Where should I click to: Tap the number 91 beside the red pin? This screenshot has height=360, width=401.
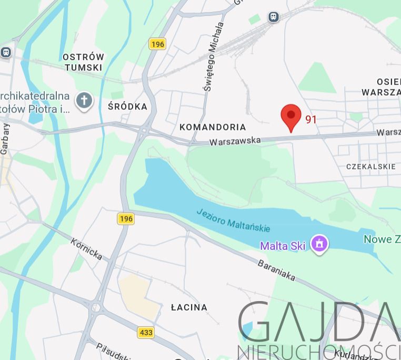click(x=311, y=119)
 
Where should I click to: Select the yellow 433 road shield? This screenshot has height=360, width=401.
click(x=146, y=333)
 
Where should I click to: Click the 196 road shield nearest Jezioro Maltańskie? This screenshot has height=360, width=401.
click(x=126, y=218)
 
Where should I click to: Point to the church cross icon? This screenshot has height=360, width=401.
click(x=84, y=100)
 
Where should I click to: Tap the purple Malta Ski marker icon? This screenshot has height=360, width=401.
click(x=319, y=244)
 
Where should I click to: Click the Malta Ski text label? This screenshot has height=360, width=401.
click(x=283, y=246)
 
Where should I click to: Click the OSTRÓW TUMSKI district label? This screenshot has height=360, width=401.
click(x=83, y=62)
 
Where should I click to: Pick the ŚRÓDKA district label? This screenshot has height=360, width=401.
click(x=127, y=106)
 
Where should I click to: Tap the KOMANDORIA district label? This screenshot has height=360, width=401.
click(x=213, y=127)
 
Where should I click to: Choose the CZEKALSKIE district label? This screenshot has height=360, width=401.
click(x=370, y=166)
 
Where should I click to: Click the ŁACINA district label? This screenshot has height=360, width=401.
click(x=189, y=307)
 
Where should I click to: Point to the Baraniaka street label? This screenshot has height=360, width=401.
click(x=276, y=269)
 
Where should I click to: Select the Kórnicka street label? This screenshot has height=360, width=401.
click(x=86, y=249)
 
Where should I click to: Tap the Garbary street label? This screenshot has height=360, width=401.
click(x=5, y=138)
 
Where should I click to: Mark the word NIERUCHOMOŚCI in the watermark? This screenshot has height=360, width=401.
click(x=319, y=352)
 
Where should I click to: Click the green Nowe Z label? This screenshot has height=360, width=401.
click(x=382, y=239)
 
